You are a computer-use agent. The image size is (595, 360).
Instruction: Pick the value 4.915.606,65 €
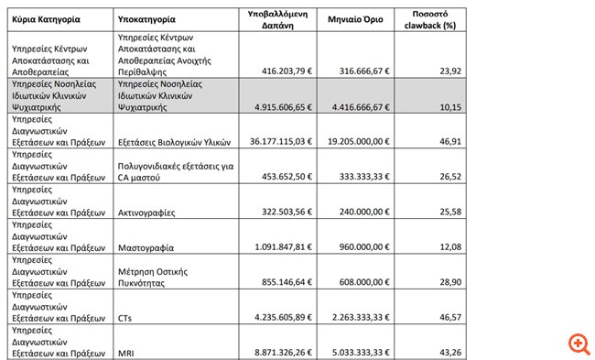click(281, 105)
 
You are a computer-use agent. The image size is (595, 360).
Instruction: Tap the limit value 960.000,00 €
click(363, 247)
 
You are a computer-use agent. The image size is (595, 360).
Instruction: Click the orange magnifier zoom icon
click(579, 344)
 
